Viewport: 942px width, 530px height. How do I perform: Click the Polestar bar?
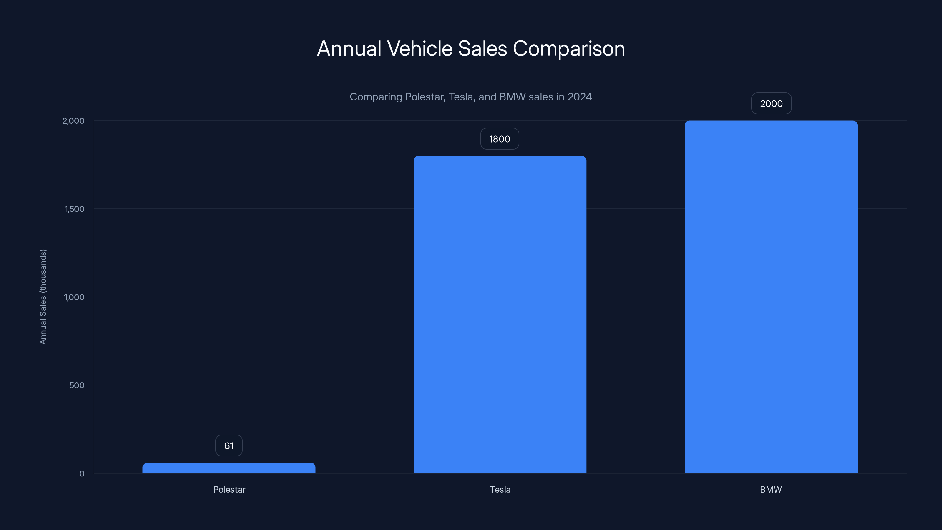click(x=229, y=468)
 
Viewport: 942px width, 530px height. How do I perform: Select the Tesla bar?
click(x=500, y=314)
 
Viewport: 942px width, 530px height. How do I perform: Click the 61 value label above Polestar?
click(x=229, y=445)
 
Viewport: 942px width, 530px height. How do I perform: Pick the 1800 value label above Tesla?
click(x=500, y=139)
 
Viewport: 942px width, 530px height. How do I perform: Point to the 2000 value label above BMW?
click(x=771, y=104)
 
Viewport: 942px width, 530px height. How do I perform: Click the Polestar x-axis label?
click(x=229, y=489)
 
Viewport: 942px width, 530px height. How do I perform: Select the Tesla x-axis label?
click(x=500, y=489)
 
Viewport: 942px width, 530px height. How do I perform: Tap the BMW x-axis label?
click(x=770, y=489)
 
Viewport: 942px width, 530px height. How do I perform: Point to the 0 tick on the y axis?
click(x=82, y=474)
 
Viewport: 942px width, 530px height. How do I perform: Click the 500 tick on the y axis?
click(x=77, y=385)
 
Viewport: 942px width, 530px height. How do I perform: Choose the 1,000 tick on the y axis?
click(x=74, y=297)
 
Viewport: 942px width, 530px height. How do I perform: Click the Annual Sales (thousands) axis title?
click(x=43, y=297)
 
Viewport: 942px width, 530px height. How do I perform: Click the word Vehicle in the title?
click(x=419, y=49)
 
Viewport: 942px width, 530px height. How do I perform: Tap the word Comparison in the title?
click(x=569, y=49)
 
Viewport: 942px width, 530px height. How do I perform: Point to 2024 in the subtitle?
click(x=580, y=97)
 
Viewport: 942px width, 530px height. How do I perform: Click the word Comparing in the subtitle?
click(x=376, y=97)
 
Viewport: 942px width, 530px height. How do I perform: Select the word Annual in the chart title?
click(x=349, y=49)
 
